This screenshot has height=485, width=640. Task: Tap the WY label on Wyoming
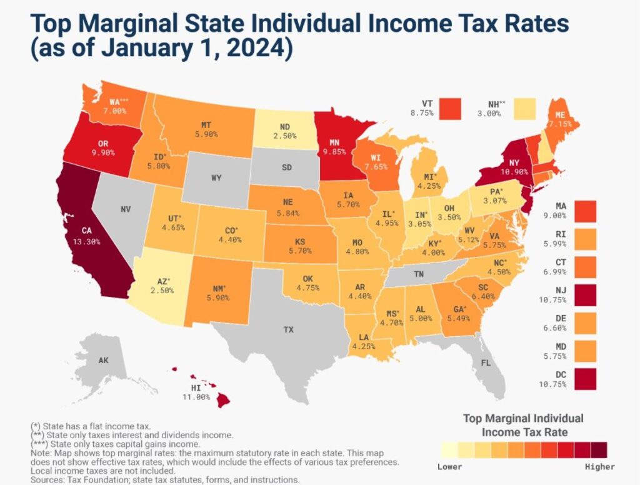[216, 178]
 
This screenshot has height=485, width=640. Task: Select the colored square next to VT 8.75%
[450, 108]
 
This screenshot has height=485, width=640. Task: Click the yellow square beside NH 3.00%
[526, 108]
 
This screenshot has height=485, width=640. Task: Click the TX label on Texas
[288, 328]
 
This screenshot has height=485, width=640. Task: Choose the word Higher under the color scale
[599, 467]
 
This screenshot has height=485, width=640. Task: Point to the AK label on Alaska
[103, 360]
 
